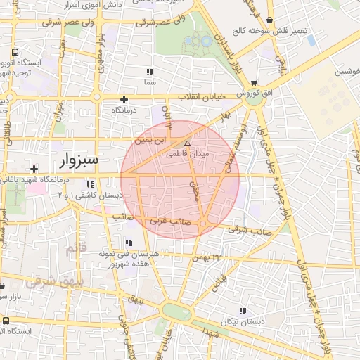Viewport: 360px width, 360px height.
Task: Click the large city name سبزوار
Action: pos(75,163)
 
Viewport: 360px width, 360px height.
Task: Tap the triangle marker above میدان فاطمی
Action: pos(186,143)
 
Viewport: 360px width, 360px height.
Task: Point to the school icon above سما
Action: pos(149,72)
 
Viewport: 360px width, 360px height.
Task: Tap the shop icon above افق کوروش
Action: pos(253,82)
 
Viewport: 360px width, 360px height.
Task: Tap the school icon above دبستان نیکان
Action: pos(243,310)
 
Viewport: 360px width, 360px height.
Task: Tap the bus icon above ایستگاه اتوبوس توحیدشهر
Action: pos(15,51)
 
